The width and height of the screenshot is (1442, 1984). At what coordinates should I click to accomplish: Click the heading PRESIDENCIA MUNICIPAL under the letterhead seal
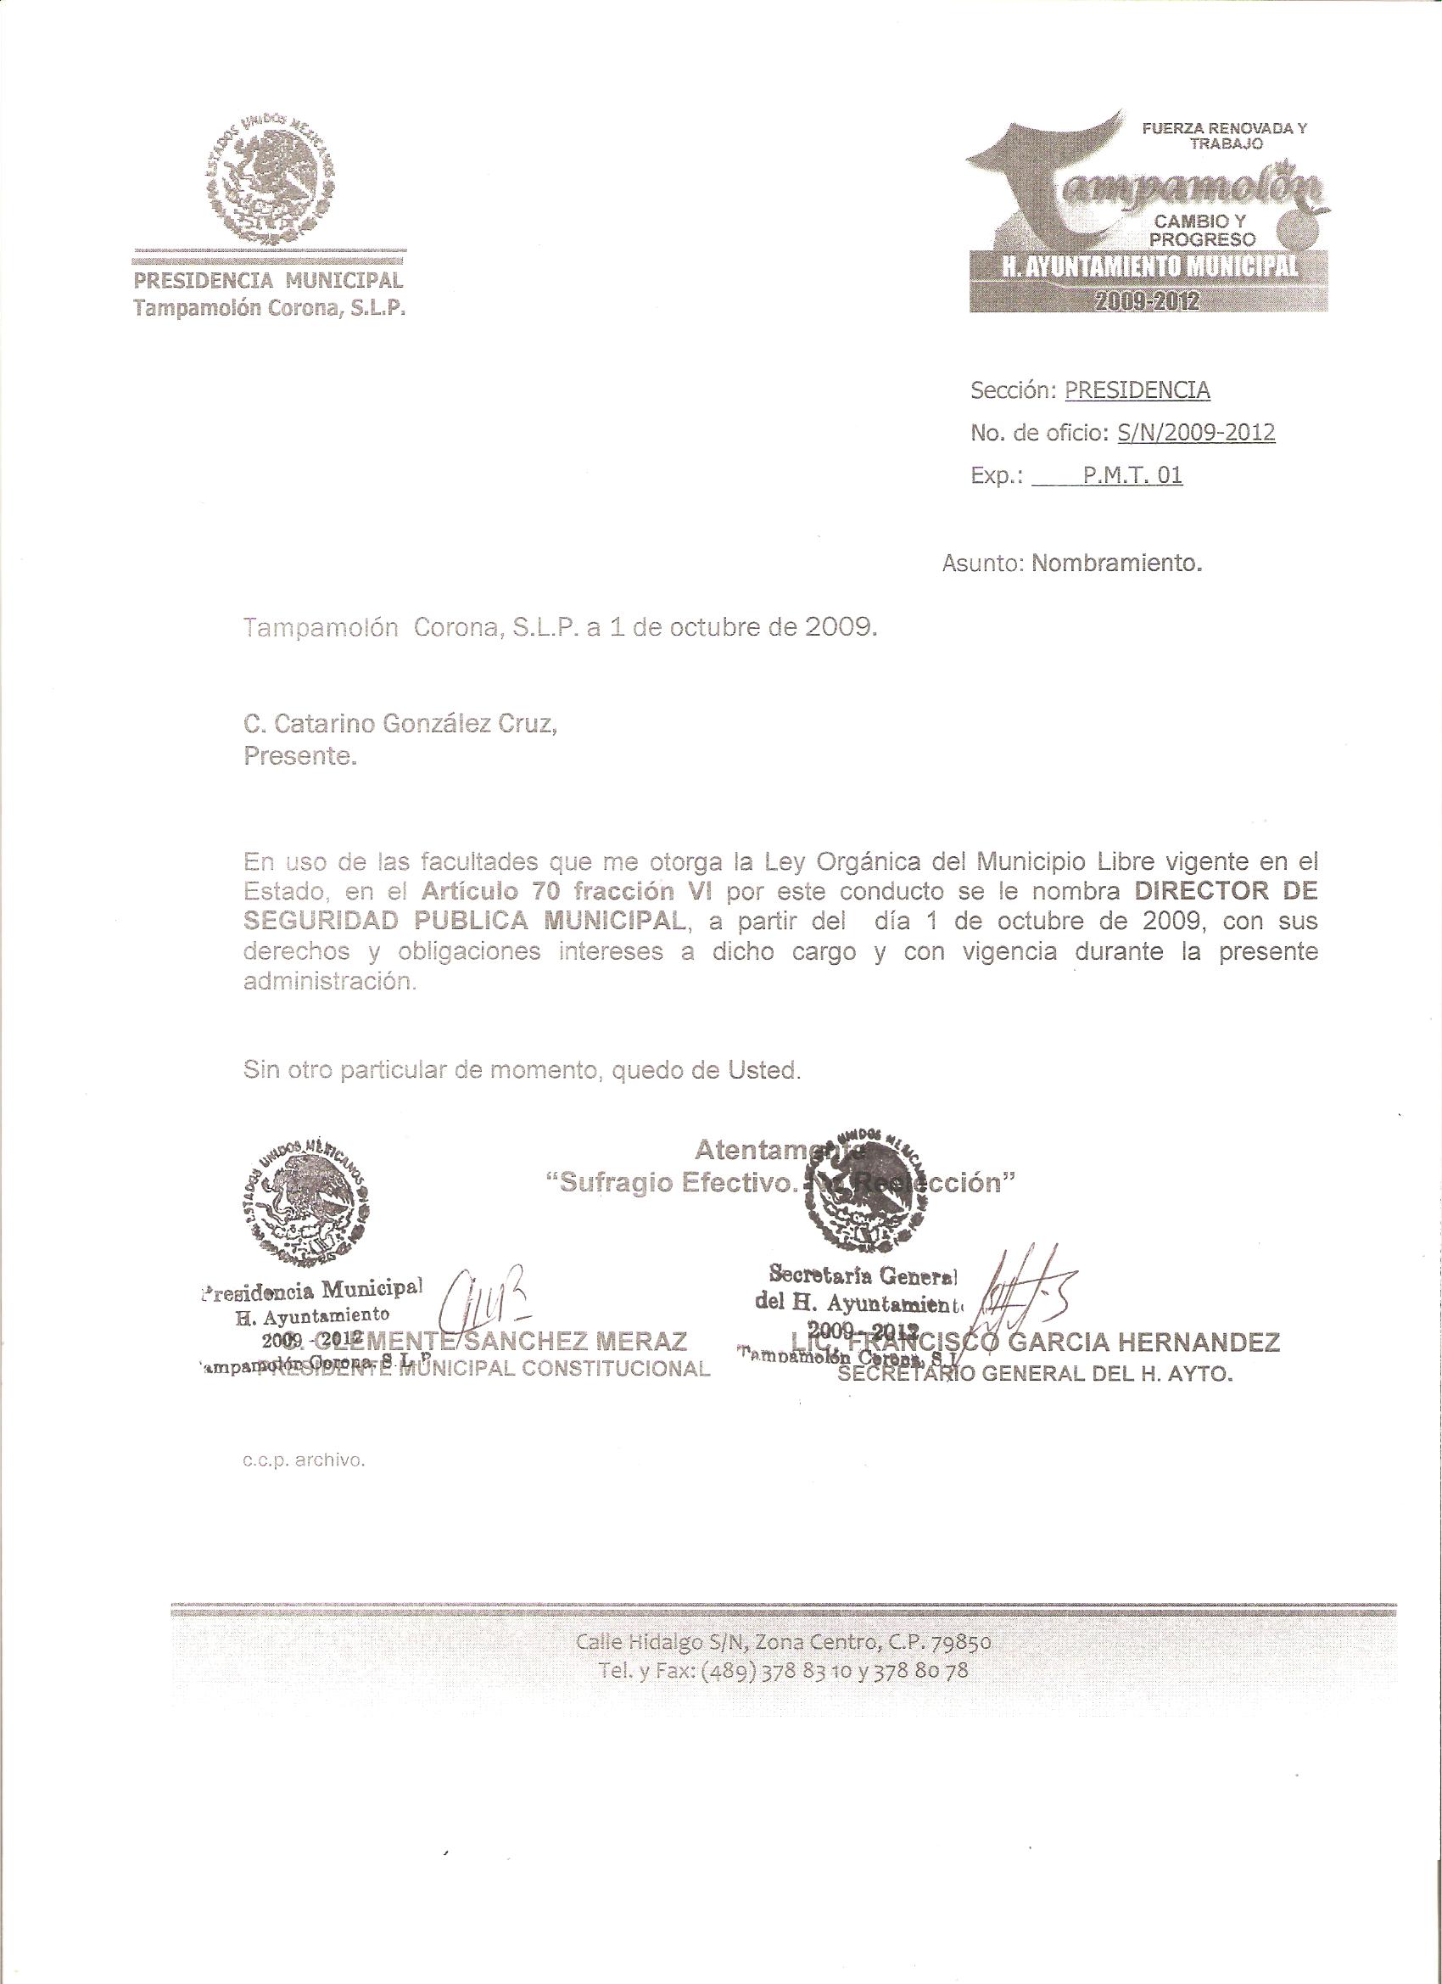click(x=267, y=281)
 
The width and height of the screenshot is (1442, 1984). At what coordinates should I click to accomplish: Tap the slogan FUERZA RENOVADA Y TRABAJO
click(x=1224, y=137)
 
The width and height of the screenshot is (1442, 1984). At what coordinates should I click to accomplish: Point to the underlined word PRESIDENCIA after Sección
click(x=1137, y=391)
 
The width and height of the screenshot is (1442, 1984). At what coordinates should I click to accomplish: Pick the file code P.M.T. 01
click(x=1132, y=475)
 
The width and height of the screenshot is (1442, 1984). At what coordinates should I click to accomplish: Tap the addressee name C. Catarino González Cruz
click(x=400, y=725)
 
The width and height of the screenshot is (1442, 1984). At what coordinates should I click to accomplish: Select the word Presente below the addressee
click(x=301, y=757)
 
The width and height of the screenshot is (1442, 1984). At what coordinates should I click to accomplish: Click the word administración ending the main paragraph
click(x=327, y=982)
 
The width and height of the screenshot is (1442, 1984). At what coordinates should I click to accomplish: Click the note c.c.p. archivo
click(x=304, y=1460)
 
